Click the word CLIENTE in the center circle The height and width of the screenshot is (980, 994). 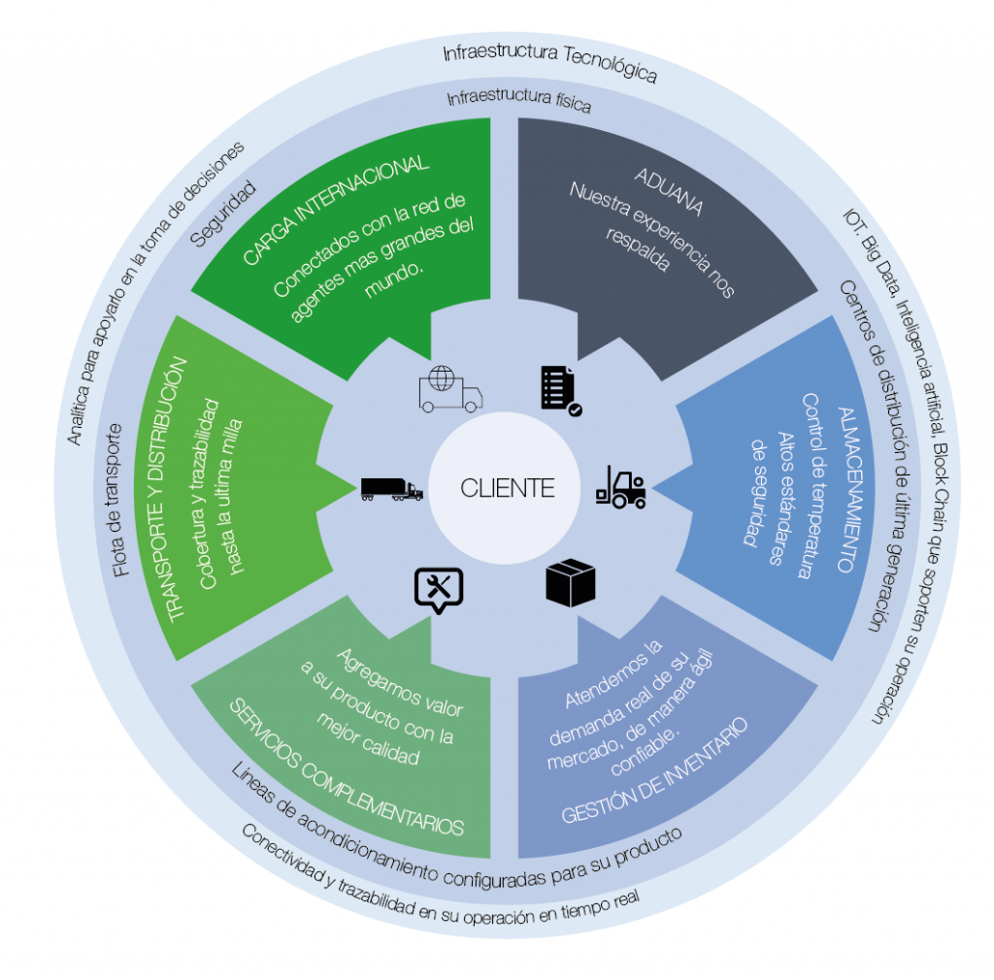(508, 487)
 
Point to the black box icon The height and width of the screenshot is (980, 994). (571, 583)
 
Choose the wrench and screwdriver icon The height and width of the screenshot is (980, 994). (439, 588)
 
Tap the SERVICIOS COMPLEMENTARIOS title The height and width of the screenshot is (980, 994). (346, 767)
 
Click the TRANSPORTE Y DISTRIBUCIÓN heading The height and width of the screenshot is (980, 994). (175, 489)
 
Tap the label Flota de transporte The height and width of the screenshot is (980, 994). (120, 500)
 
